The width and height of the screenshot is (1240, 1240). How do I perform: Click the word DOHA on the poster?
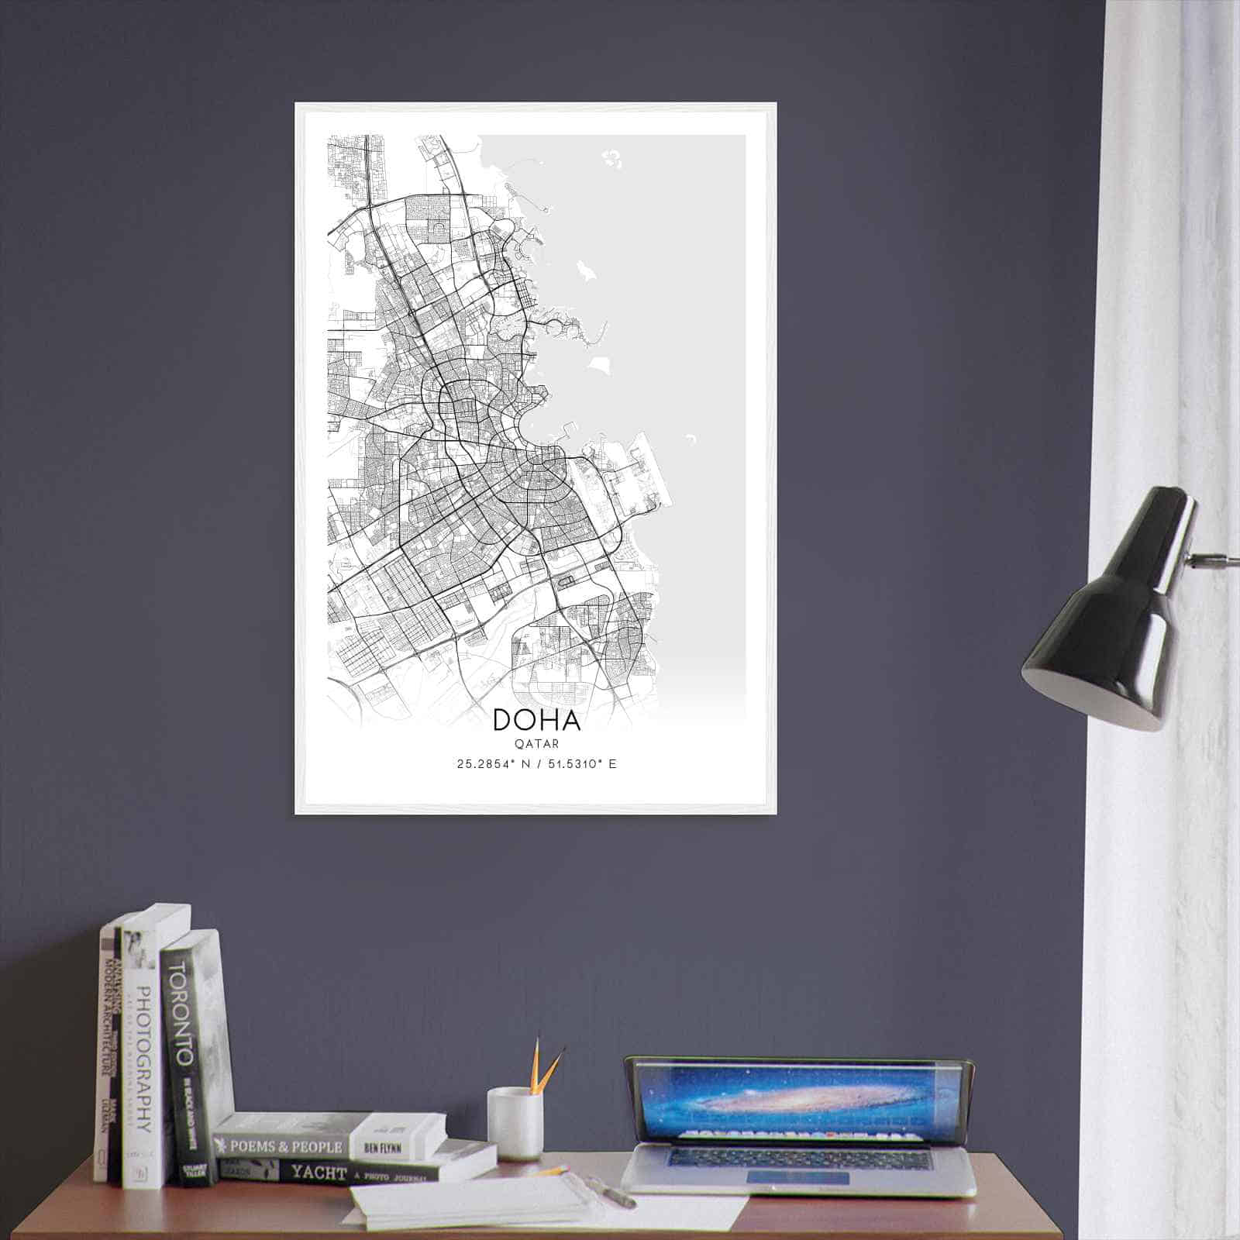pos(536,720)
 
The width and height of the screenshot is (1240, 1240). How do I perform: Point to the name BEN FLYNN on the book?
pos(382,1146)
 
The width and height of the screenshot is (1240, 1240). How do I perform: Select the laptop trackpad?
pos(798,1177)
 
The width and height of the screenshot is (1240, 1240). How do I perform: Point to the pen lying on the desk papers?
pos(612,1193)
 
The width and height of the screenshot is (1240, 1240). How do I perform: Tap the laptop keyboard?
pos(798,1158)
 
